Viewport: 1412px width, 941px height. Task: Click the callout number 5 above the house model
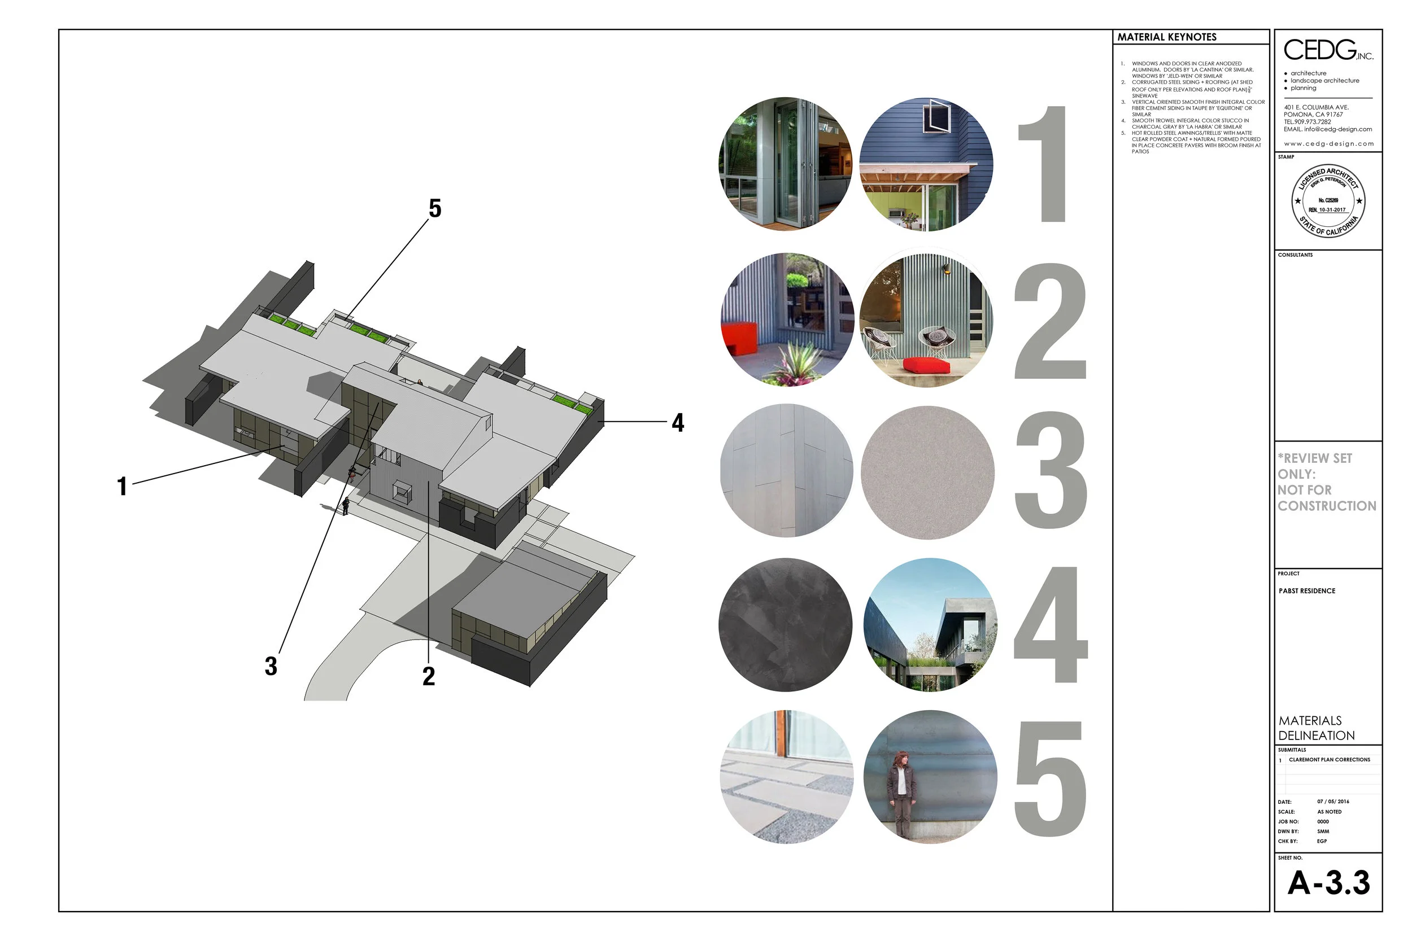point(435,209)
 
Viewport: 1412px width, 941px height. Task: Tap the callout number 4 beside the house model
point(678,423)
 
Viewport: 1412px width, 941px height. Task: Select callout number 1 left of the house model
point(122,487)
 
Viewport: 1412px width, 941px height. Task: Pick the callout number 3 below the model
point(271,667)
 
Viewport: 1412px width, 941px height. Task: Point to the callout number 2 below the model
point(429,677)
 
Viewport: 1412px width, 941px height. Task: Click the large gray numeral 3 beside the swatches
point(1050,471)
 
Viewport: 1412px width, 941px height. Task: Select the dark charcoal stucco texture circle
point(785,625)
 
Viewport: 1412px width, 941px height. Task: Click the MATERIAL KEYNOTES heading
point(1166,37)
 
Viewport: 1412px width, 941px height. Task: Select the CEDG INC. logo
point(1327,50)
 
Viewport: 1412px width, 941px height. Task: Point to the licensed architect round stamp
point(1328,201)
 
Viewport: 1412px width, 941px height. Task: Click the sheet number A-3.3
point(1328,883)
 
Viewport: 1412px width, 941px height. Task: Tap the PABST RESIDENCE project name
point(1307,591)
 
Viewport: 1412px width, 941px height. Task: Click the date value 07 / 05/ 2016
point(1333,802)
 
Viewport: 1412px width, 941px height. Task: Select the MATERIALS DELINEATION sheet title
point(1316,728)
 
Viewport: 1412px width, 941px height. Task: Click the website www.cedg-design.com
point(1328,144)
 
